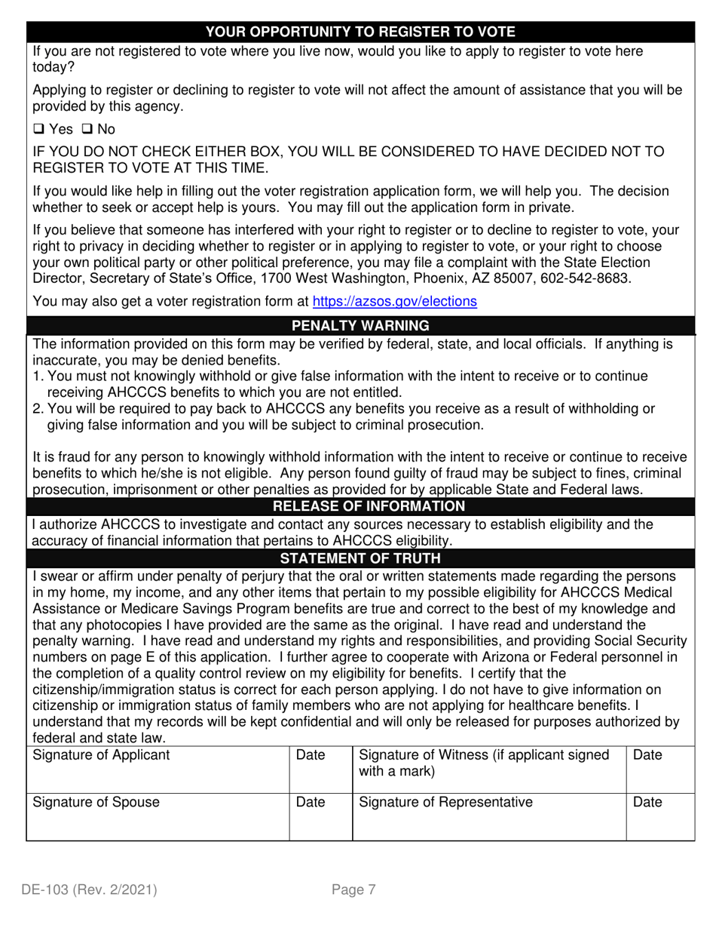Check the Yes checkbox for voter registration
[38, 129]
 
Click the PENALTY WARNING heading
[360, 326]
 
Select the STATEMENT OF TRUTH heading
[360, 558]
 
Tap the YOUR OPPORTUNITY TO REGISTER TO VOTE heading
[360, 32]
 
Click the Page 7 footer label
[353, 890]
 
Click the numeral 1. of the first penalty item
[38, 376]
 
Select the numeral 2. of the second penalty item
[38, 409]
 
